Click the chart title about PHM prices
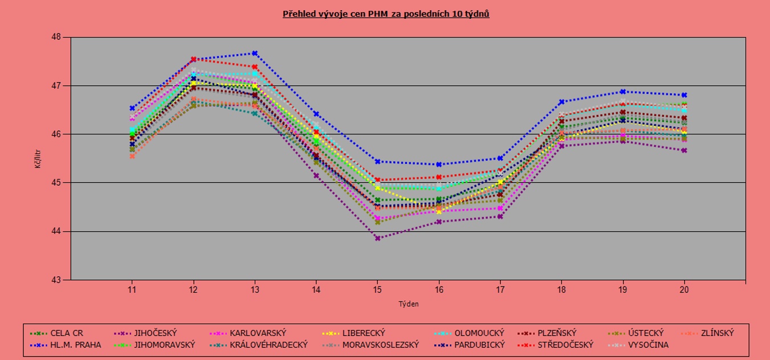(386, 14)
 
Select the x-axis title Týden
(408, 304)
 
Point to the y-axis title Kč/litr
(38, 158)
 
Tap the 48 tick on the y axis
(56, 37)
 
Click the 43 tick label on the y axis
(56, 280)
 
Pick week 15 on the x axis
(377, 290)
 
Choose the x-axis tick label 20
(684, 290)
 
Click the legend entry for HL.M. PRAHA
(75, 345)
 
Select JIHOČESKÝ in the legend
(154, 333)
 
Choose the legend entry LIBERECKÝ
(364, 333)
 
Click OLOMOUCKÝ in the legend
(479, 333)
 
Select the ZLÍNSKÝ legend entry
(717, 333)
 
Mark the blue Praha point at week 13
(255, 53)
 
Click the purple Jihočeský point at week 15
(377, 238)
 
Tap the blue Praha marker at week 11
(132, 108)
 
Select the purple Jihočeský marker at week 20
(684, 150)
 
